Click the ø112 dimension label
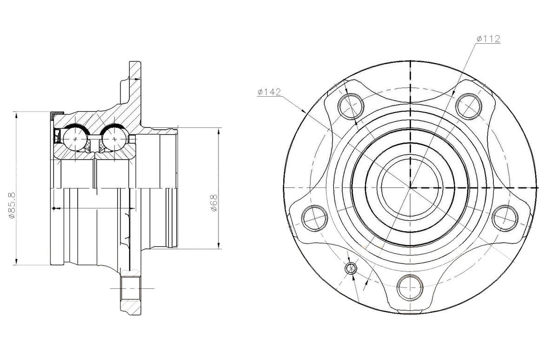point(488,39)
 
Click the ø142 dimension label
point(269,92)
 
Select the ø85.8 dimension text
point(12,206)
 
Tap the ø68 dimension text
point(214,203)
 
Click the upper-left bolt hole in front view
point(351,107)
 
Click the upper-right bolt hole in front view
point(469,107)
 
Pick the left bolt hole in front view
point(314,218)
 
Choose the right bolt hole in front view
point(505,218)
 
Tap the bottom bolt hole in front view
point(410,287)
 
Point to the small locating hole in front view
point(351,268)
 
